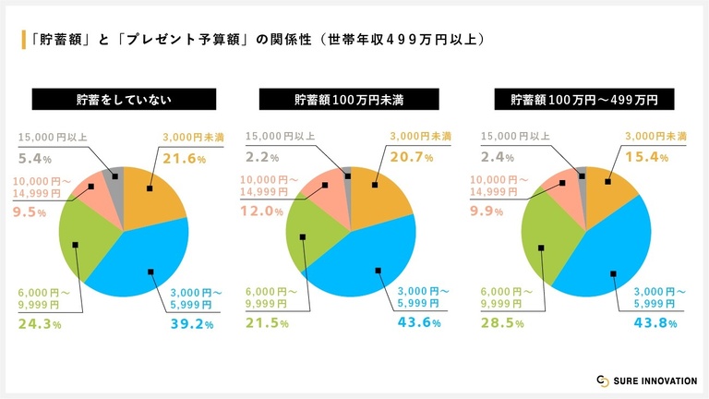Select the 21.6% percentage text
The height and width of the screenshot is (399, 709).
184,159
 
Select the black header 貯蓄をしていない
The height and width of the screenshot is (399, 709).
125,99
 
